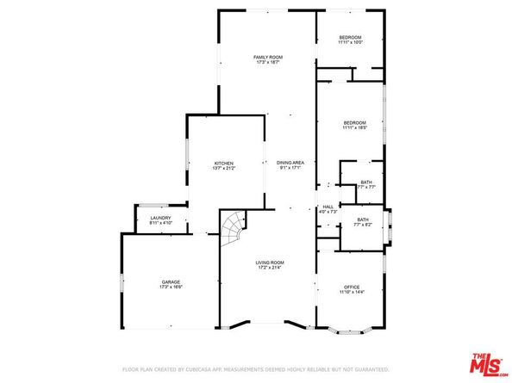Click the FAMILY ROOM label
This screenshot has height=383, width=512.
pyautogui.click(x=267, y=57)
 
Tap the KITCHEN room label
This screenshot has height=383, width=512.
pyautogui.click(x=224, y=163)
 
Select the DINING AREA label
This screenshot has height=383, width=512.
pyautogui.click(x=290, y=163)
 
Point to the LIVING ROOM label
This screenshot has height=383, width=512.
pyautogui.click(x=268, y=262)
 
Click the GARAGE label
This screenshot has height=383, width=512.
pyautogui.click(x=171, y=281)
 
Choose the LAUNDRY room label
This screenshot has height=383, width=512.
pyautogui.click(x=160, y=218)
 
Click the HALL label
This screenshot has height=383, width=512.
pyautogui.click(x=328, y=207)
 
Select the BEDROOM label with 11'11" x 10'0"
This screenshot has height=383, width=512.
pyautogui.click(x=350, y=37)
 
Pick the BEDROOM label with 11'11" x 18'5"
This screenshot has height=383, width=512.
pyautogui.click(x=354, y=122)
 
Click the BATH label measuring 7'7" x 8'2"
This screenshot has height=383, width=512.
pyautogui.click(x=363, y=220)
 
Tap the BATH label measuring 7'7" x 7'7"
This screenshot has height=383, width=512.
pyautogui.click(x=365, y=182)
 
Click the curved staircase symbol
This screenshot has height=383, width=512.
pyautogui.click(x=233, y=229)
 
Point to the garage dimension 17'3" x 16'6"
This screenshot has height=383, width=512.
pyautogui.click(x=171, y=287)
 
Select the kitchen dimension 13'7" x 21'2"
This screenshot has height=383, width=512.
pyautogui.click(x=224, y=168)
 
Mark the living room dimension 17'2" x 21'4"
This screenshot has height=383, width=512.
pyautogui.click(x=268, y=267)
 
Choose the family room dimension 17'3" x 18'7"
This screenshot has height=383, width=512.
pyautogui.click(x=267, y=62)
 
